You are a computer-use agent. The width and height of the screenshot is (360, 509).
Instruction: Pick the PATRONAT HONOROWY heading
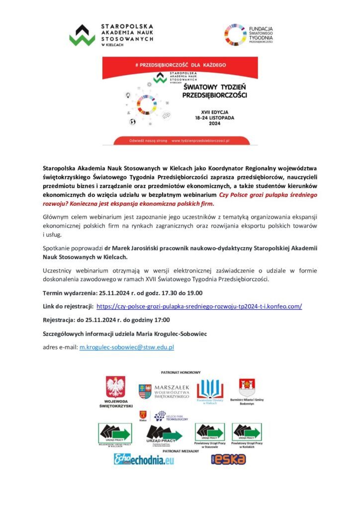tap(180, 372)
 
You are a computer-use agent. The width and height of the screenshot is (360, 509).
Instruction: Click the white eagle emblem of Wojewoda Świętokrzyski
tap(116, 387)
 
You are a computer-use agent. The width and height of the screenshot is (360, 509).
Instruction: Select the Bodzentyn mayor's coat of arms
tap(247, 387)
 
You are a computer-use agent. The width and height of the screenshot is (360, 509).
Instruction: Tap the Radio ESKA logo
tap(229, 459)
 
